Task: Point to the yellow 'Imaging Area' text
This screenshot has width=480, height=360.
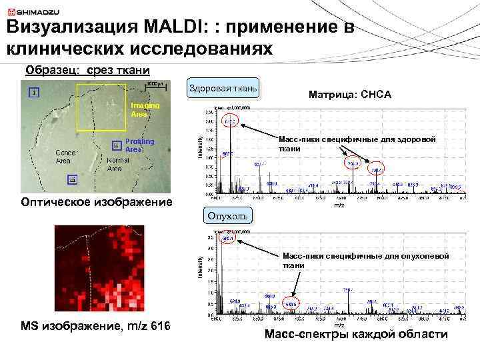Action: [x=140, y=110]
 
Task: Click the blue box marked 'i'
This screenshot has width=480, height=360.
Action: [x=33, y=93]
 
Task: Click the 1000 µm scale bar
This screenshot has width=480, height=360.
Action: [x=155, y=85]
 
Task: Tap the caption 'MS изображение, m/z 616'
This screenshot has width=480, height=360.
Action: [x=95, y=326]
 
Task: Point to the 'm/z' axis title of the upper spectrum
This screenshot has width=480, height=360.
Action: [x=338, y=206]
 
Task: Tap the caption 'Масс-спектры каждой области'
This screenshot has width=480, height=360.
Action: [x=356, y=334]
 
